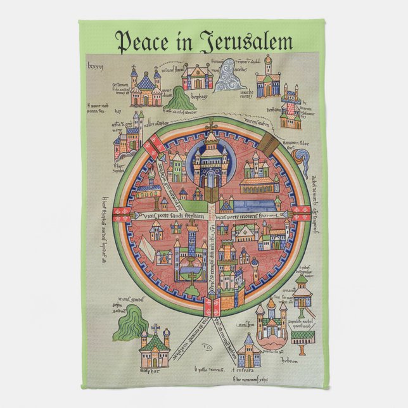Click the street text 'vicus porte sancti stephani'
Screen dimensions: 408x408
coord(170,217)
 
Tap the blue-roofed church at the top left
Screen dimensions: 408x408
coord(146,88)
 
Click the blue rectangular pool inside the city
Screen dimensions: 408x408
coord(257,205)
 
